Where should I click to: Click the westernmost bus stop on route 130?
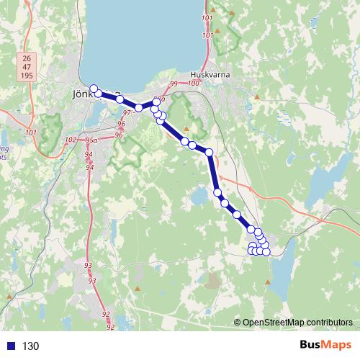94,89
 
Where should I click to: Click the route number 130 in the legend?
31,346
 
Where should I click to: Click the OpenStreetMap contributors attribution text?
297,322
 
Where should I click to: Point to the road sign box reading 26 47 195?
27,67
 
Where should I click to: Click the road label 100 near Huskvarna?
192,84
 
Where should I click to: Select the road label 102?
71,140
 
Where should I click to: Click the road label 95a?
91,140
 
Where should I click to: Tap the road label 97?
127,113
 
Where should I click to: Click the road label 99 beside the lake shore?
173,85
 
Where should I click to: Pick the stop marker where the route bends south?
210,152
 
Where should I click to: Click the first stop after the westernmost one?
99,94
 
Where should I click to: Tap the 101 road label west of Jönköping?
30,132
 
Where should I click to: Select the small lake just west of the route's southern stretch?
197,198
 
